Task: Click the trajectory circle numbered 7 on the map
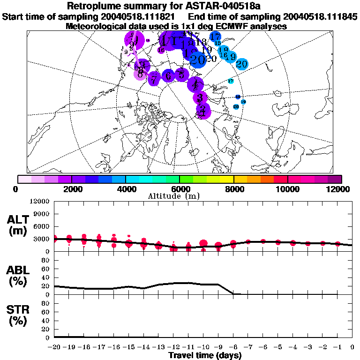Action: point(154,79)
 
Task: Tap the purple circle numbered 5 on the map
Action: point(181,75)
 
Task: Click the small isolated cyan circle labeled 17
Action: point(231,81)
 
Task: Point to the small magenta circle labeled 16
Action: point(161,50)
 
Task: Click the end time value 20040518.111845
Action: point(319,17)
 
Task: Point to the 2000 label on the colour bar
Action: point(71,189)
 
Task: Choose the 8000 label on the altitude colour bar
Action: point(233,189)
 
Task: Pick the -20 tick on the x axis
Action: point(55,347)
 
